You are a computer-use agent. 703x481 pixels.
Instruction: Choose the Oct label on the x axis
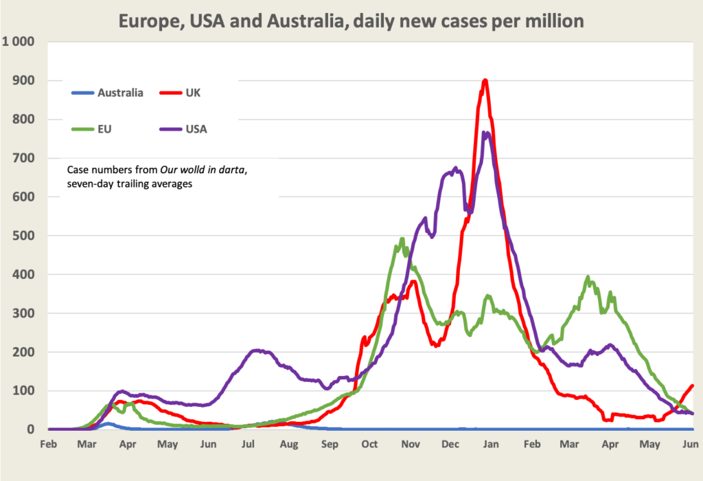(x=370, y=444)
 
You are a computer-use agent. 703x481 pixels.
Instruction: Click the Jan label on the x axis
(x=490, y=444)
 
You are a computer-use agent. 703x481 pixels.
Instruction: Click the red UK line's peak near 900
(x=485, y=80)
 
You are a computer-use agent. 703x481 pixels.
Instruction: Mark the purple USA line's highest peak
(x=486, y=133)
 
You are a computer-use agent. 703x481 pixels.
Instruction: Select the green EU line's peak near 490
(x=402, y=239)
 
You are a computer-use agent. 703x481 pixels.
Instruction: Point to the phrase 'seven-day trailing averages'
(x=130, y=183)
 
